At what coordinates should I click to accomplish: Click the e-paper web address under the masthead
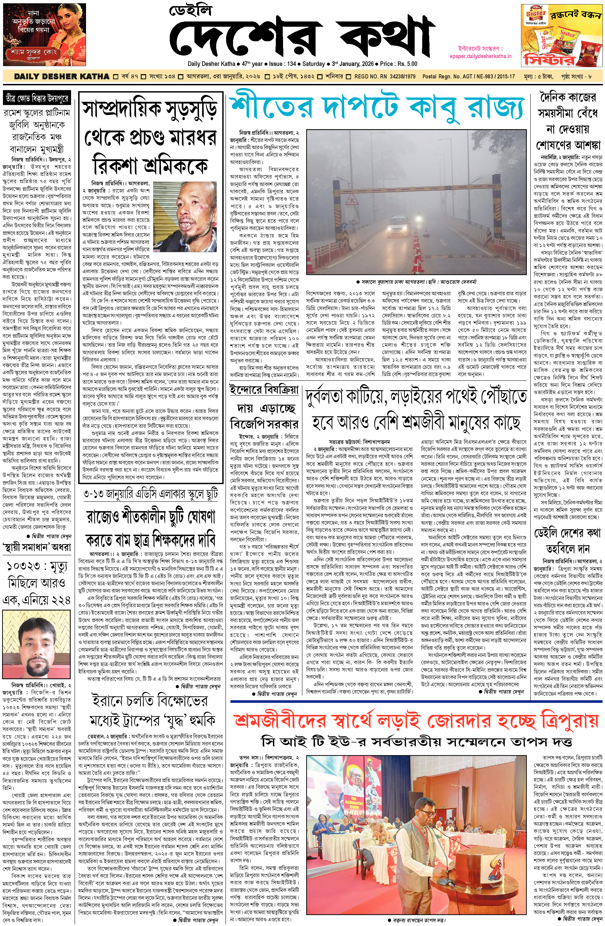(x=480, y=56)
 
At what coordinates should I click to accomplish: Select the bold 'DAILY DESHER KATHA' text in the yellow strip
(x=62, y=77)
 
